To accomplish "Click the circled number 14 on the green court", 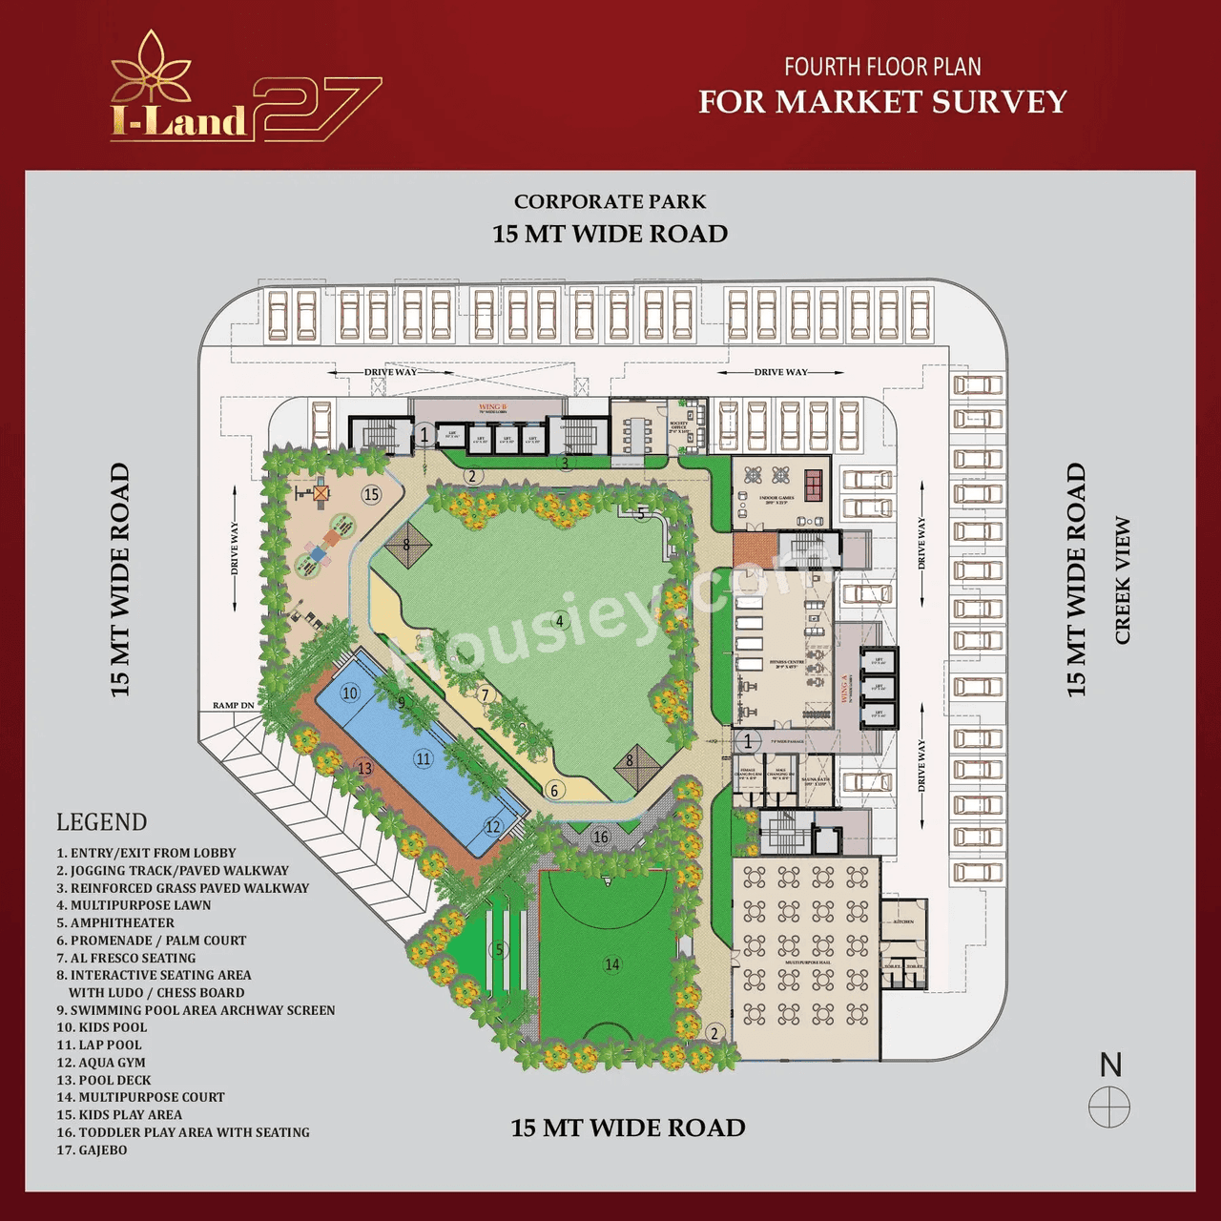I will (x=612, y=964).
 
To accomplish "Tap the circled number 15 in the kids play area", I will (x=371, y=494).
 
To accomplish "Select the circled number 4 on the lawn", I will (x=560, y=621).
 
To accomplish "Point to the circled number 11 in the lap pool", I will (x=423, y=758).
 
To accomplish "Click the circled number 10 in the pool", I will (x=350, y=693).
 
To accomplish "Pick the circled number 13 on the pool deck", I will (x=364, y=768).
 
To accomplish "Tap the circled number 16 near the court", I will (x=600, y=837).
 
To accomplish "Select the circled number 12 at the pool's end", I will (x=492, y=827).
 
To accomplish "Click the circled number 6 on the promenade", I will (x=554, y=790).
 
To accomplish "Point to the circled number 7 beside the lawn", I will (x=485, y=694).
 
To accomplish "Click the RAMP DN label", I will (x=233, y=706).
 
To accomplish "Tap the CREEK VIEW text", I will (x=1122, y=580).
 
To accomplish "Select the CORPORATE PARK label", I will (x=610, y=202).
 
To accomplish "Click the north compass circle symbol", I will (x=1109, y=1108).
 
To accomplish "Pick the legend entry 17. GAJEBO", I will (x=92, y=1150).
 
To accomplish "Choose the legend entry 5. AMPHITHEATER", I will (x=115, y=923).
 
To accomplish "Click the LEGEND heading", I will (x=101, y=822).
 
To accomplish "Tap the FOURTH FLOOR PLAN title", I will (x=882, y=67).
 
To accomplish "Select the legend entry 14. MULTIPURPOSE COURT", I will (x=140, y=1098).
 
